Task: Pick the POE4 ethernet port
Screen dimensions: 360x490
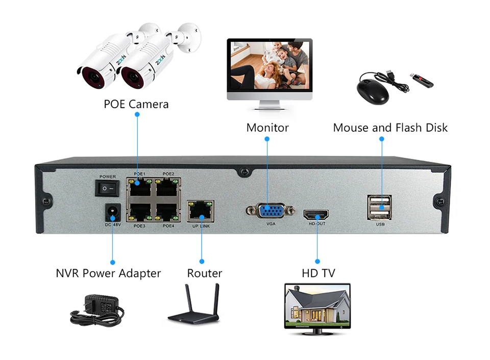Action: click(168, 211)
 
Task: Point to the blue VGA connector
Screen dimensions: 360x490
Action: click(271, 211)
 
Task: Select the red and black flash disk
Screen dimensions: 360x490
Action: click(422, 80)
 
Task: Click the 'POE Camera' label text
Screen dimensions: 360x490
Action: click(136, 104)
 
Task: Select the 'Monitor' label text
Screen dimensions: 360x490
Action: click(267, 128)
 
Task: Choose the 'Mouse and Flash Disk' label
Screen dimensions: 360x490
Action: click(390, 128)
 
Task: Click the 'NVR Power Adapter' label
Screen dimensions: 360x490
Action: click(108, 273)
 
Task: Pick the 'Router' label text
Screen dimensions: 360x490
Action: click(204, 273)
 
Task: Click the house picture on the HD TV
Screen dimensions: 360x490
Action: click(317, 306)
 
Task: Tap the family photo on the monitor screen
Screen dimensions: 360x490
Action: click(269, 65)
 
